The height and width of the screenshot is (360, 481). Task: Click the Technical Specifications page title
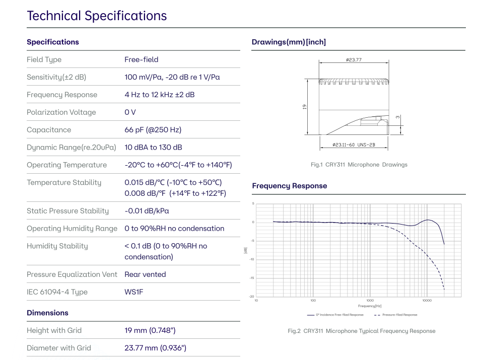[x=97, y=16]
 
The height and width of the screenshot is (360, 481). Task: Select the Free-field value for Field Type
[x=142, y=59]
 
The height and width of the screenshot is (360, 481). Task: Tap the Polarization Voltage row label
[x=61, y=112]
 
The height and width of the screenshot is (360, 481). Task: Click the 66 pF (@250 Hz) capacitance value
[x=153, y=130]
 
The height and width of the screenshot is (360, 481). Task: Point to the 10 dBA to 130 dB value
[x=153, y=148]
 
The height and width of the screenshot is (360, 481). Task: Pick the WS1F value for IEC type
[x=134, y=292]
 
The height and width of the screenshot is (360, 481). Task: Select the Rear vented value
[x=145, y=274]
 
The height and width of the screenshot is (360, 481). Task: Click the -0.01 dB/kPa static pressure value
[x=147, y=211]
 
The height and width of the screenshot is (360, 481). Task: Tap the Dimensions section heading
[x=47, y=313]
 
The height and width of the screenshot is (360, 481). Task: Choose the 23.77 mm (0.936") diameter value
[x=155, y=348]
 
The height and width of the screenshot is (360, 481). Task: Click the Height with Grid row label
[x=54, y=330]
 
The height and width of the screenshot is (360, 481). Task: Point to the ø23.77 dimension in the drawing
[x=354, y=60]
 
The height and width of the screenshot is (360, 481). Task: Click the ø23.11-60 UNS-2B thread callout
[x=354, y=145]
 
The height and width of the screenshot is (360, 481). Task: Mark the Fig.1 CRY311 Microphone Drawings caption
[x=359, y=165]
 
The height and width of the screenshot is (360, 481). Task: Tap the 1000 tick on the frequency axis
[x=370, y=301]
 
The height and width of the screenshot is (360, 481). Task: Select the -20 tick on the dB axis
[x=252, y=297]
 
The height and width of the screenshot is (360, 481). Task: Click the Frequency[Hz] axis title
[x=370, y=306]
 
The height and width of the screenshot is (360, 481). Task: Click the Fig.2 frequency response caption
[x=361, y=331]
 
